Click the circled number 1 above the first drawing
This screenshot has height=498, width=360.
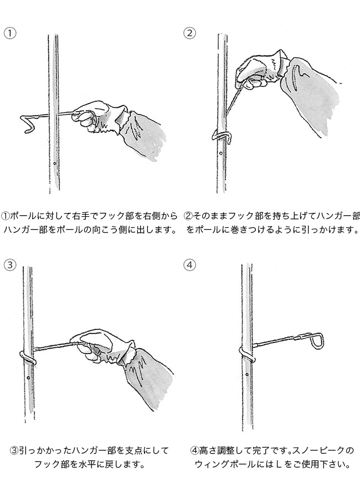(10, 33)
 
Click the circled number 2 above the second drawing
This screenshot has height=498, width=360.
(190, 33)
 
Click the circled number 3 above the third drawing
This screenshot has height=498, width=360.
(10, 264)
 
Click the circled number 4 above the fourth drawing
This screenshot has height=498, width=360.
(190, 264)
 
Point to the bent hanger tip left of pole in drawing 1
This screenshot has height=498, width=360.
(29, 124)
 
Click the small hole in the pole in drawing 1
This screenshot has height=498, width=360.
(55, 164)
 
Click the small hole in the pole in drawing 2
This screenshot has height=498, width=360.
(220, 153)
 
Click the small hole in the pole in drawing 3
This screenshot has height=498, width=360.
(29, 378)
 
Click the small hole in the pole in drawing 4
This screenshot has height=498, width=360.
(248, 375)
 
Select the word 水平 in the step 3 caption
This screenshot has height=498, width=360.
(91, 465)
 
